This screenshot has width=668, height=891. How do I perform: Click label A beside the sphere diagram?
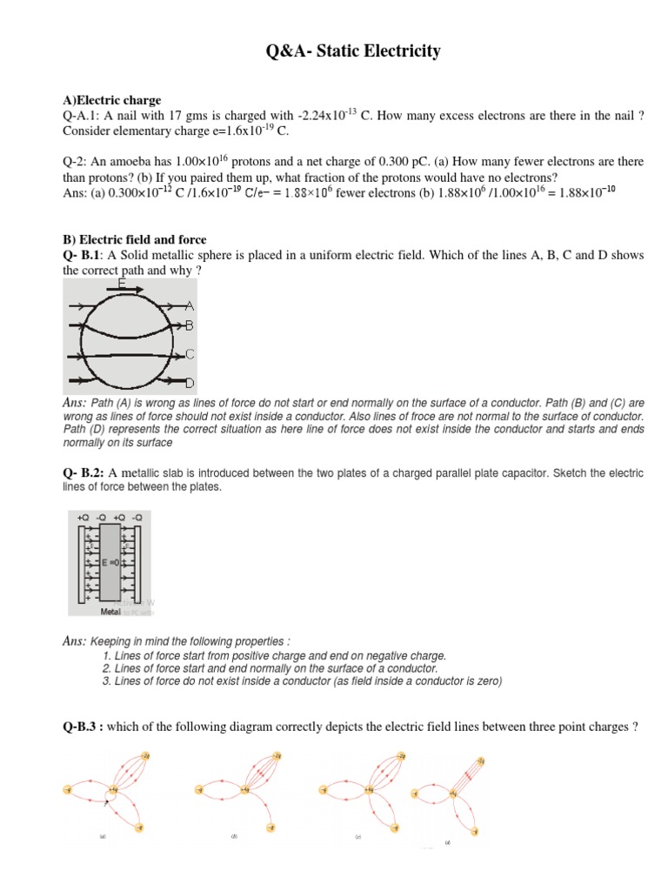190,306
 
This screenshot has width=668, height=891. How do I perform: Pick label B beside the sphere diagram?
190,325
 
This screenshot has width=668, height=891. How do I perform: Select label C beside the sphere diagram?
190,354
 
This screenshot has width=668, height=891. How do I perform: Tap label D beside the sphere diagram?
190,383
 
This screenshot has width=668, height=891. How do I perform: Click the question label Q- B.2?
84,472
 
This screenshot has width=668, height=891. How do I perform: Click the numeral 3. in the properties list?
106,681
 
